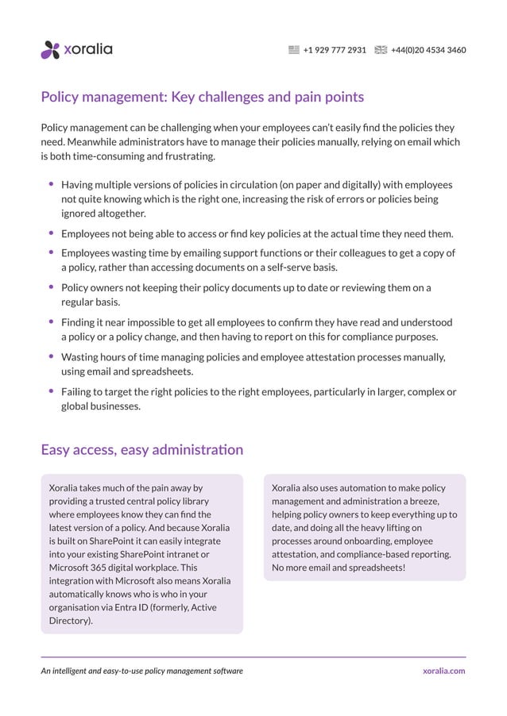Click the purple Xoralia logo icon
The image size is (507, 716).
pyautogui.click(x=50, y=50)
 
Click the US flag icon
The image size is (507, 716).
pyautogui.click(x=294, y=50)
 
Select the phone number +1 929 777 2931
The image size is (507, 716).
pyautogui.click(x=335, y=50)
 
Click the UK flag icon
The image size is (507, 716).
pyautogui.click(x=381, y=50)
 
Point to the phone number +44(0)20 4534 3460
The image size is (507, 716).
pyautogui.click(x=428, y=50)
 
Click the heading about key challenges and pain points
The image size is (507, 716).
pyautogui.click(x=202, y=97)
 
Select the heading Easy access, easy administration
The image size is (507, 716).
pyautogui.click(x=141, y=450)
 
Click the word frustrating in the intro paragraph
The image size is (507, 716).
pyautogui.click(x=188, y=156)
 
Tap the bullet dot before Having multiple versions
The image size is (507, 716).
pyautogui.click(x=52, y=183)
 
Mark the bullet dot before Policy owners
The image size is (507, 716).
pyautogui.click(x=52, y=287)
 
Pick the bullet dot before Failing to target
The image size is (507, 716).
pyautogui.click(x=52, y=391)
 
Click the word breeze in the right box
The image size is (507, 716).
pyautogui.click(x=423, y=502)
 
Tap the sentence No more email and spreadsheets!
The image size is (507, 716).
pyautogui.click(x=339, y=568)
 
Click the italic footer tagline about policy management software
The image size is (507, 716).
pyautogui.click(x=141, y=671)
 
